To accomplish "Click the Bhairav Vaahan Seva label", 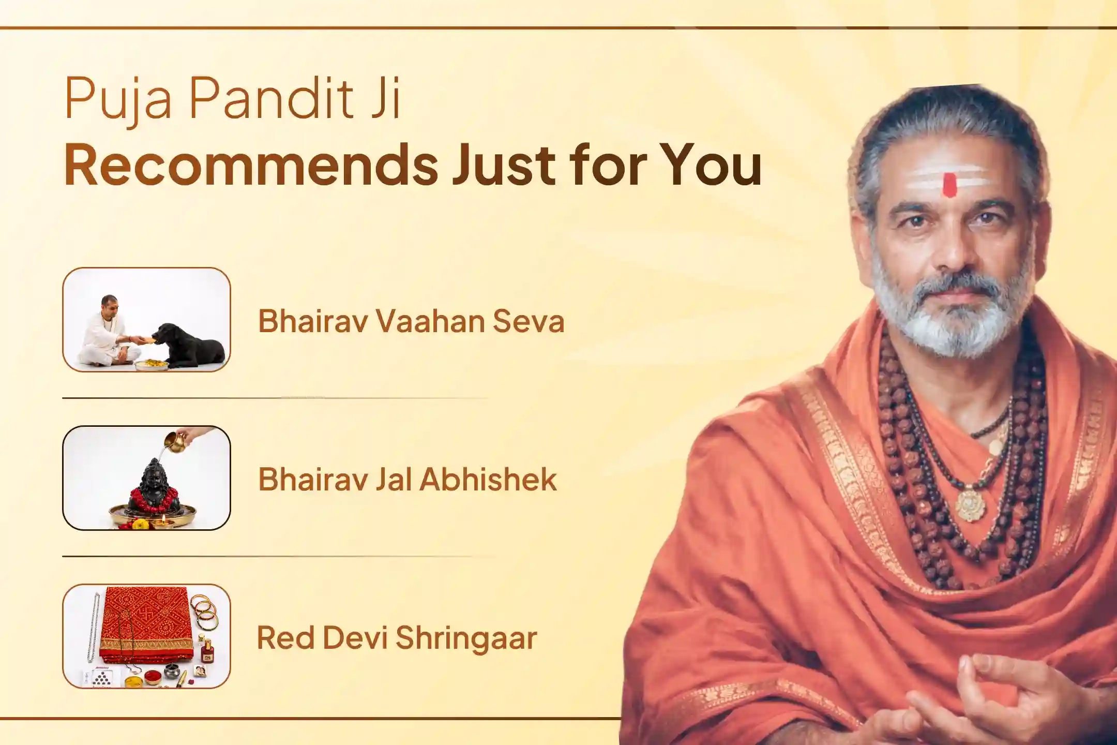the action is coord(411,321).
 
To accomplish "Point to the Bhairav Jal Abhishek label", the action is coord(407,479).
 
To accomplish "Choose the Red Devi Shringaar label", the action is coord(397,637).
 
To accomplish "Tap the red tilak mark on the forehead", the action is coord(949,185).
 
